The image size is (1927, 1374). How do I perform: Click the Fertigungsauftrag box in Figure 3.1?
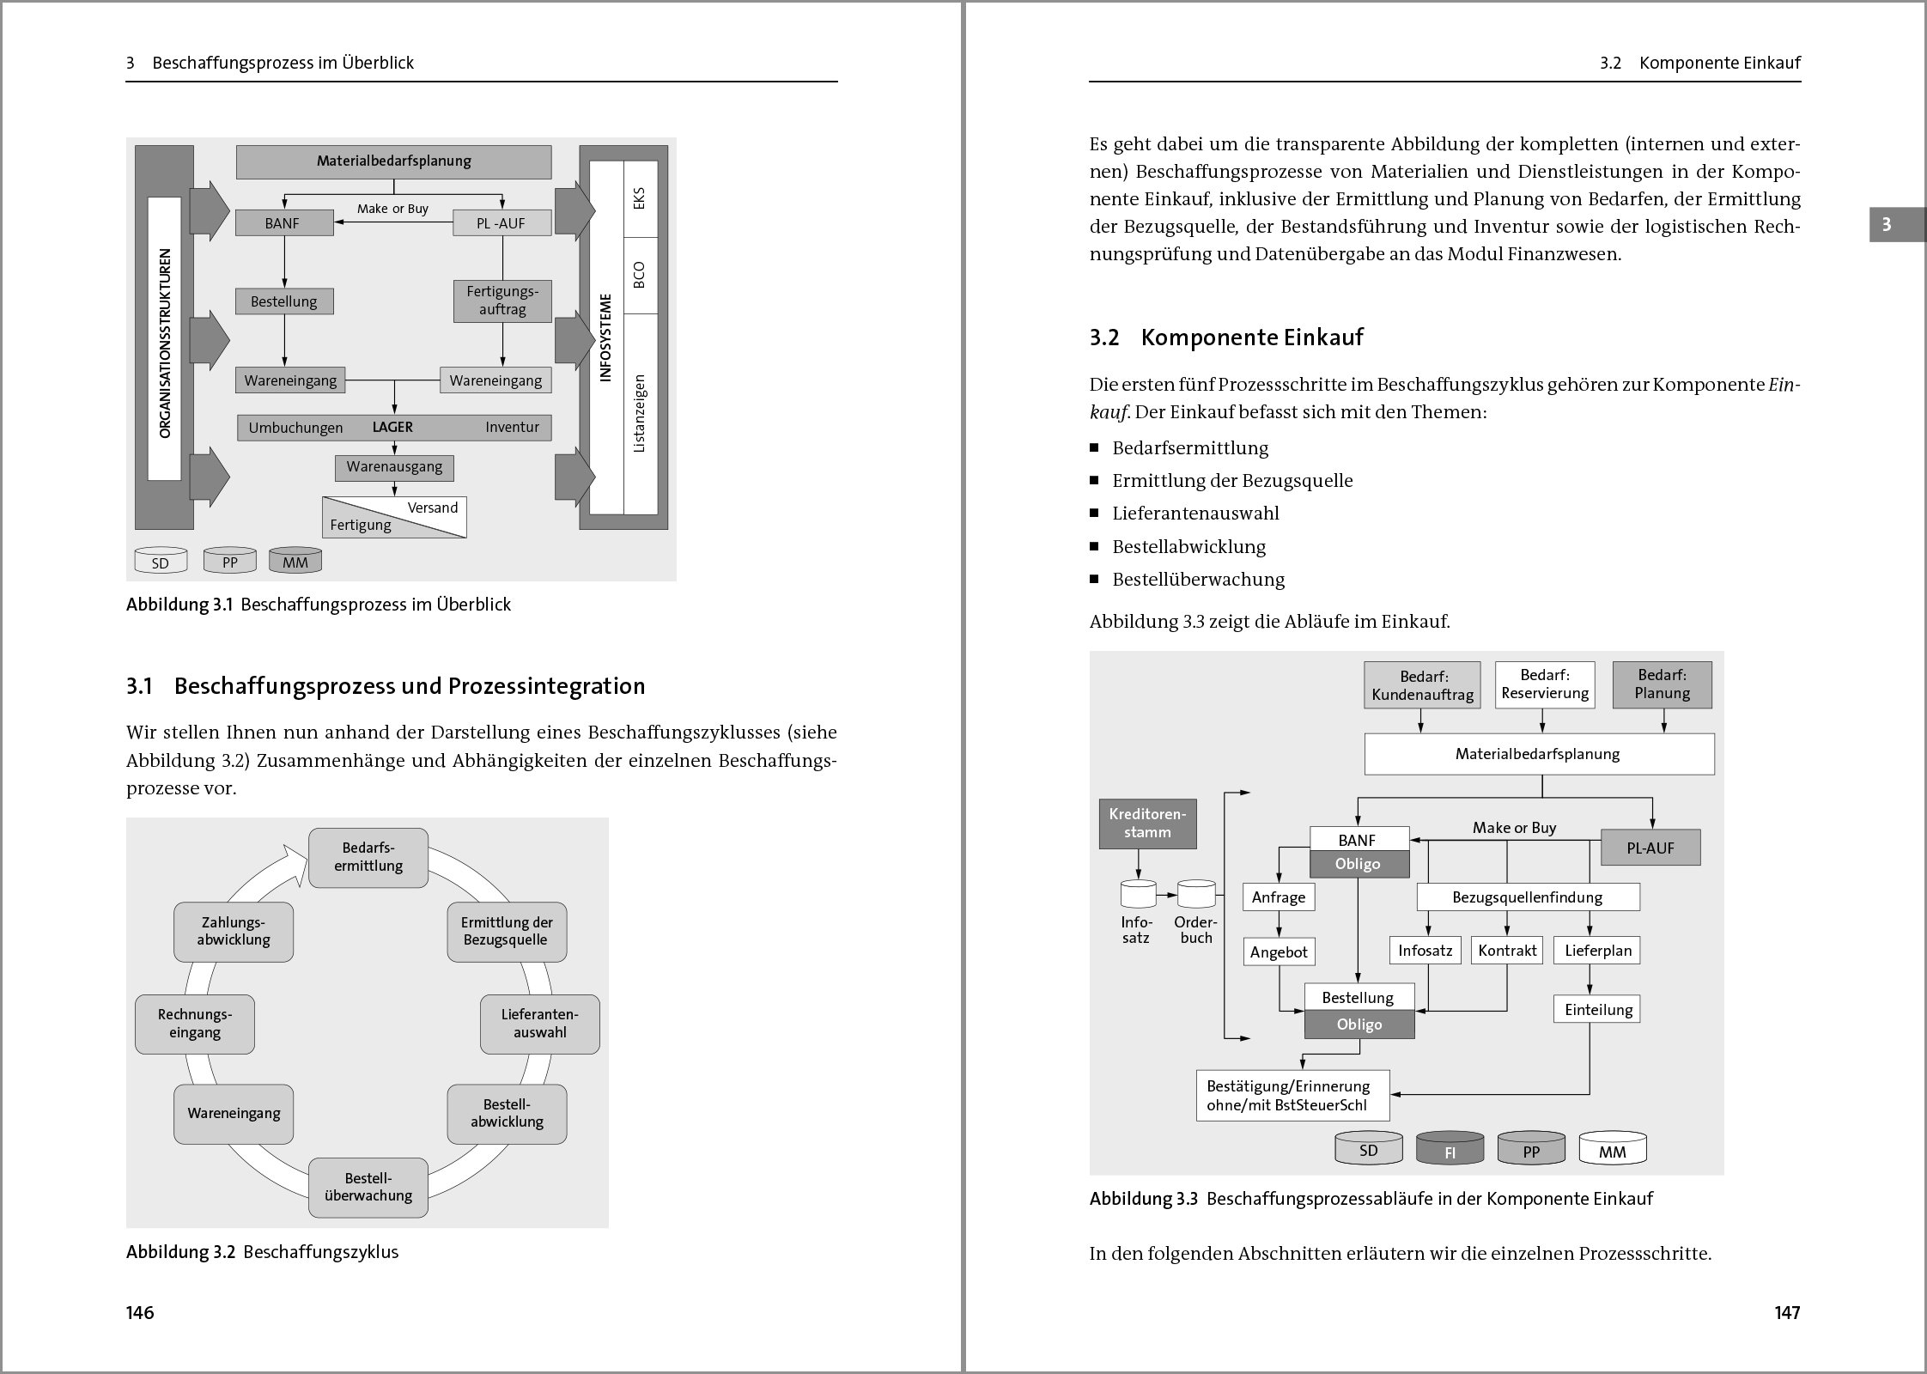pyautogui.click(x=502, y=301)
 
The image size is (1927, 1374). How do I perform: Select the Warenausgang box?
pyautogui.click(x=394, y=467)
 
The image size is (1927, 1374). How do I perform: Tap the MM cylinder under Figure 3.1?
pyautogui.click(x=295, y=562)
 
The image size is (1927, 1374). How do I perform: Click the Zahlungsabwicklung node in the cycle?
pyautogui.click(x=234, y=932)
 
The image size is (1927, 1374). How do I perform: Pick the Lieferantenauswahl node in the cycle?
pyautogui.click(x=539, y=1024)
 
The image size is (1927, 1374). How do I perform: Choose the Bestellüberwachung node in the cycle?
pyautogui.click(x=368, y=1188)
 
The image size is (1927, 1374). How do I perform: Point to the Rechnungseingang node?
pyautogui.click(x=195, y=1024)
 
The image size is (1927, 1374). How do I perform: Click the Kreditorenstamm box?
pyautogui.click(x=1147, y=824)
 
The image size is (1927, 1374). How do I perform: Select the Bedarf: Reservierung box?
pyautogui.click(x=1545, y=684)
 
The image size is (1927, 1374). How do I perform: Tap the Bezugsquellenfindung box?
pyautogui.click(x=1528, y=897)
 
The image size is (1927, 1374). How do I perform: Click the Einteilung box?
pyautogui.click(x=1597, y=1010)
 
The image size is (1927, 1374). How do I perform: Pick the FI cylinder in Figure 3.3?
pyautogui.click(x=1450, y=1151)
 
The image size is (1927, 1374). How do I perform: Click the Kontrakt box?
pyautogui.click(x=1507, y=951)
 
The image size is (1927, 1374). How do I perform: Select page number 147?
pyautogui.click(x=1787, y=1312)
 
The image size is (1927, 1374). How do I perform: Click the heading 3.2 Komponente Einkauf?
pyautogui.click(x=1226, y=337)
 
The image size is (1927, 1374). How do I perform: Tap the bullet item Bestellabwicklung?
pyautogui.click(x=1188, y=547)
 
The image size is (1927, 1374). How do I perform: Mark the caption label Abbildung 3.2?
pyautogui.click(x=180, y=1252)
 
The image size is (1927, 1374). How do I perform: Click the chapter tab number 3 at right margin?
pyautogui.click(x=1886, y=225)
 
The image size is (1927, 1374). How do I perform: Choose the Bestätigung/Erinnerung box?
pyautogui.click(x=1292, y=1096)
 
